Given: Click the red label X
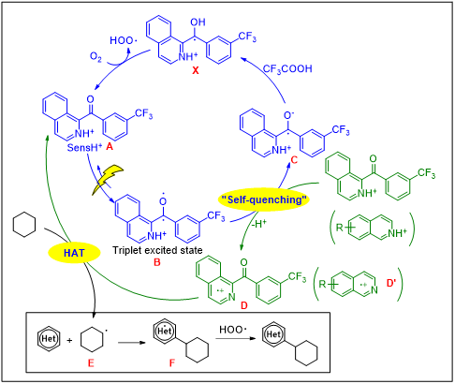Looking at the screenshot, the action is (x=196, y=70).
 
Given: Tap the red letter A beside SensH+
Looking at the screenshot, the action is (x=110, y=146).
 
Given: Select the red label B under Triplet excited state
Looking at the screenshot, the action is (x=157, y=262).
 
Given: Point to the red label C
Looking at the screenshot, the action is (x=294, y=160).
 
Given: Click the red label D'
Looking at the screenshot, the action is (x=391, y=283).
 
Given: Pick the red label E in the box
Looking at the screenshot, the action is (x=91, y=363).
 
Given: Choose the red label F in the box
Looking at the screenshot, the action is (x=172, y=363).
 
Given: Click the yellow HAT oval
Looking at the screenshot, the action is (x=74, y=253).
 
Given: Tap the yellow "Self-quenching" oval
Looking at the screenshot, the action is (x=264, y=199).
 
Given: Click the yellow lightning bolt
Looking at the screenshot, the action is (x=107, y=180).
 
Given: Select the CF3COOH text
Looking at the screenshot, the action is (x=287, y=69).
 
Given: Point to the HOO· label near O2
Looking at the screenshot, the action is (x=122, y=40).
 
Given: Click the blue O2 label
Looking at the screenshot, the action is (x=95, y=57).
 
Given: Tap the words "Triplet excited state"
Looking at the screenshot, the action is (x=157, y=250).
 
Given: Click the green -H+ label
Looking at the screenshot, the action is (x=259, y=224).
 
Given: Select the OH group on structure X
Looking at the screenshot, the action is (x=198, y=22).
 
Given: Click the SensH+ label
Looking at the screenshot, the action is (x=84, y=147).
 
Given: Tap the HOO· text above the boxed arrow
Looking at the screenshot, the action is (x=232, y=330).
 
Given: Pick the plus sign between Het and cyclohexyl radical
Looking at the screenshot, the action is (x=69, y=340).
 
